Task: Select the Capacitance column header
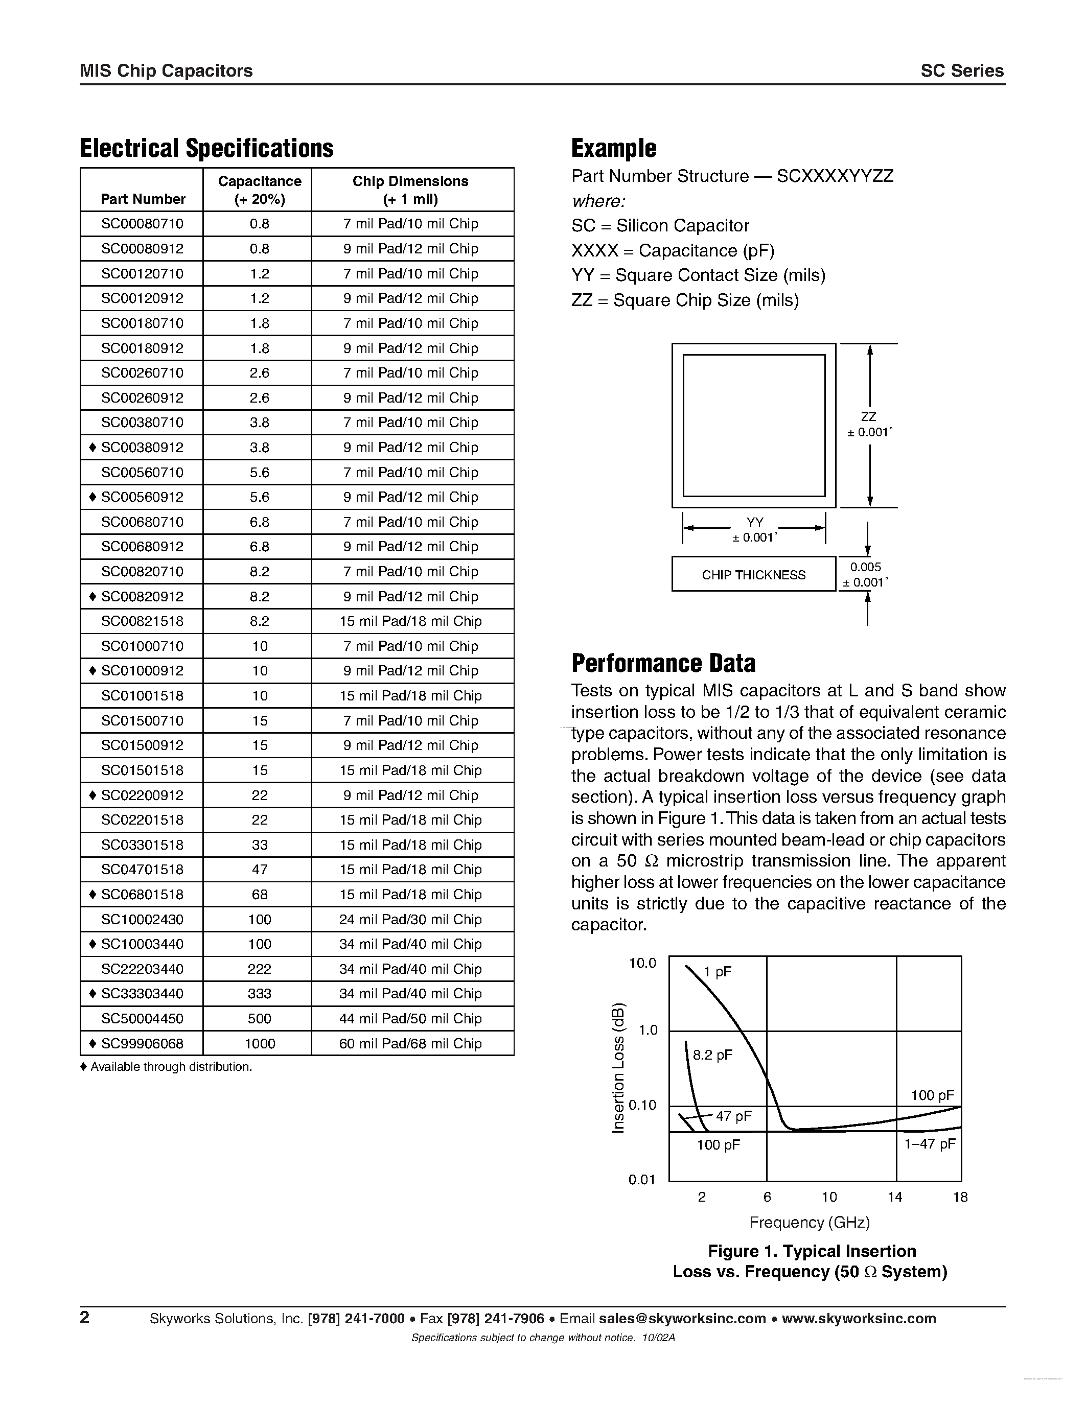[x=259, y=190]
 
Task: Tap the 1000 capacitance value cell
[x=259, y=1043]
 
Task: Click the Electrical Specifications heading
[x=206, y=148]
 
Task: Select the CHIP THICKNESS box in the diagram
[x=753, y=574]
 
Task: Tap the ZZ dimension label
[x=868, y=417]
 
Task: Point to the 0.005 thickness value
[x=866, y=567]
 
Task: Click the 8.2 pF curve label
[x=713, y=1056]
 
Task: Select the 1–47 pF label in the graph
[x=930, y=1144]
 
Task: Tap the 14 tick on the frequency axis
[x=894, y=1197]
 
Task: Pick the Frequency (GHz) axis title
[x=810, y=1222]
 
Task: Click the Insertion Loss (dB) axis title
[x=618, y=1068]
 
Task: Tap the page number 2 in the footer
[x=85, y=1318]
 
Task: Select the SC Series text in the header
[x=962, y=71]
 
